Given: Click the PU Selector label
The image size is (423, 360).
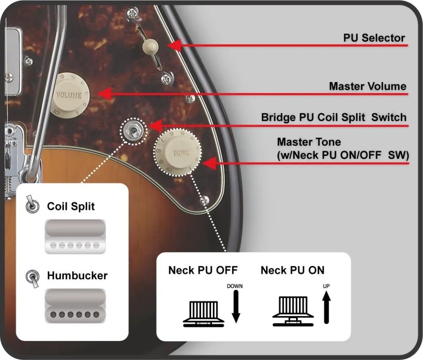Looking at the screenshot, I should click(374, 38).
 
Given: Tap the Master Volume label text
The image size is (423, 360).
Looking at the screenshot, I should click(367, 86).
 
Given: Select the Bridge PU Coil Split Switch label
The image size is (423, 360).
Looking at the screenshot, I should click(334, 118).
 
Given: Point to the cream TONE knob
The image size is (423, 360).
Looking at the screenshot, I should click(178, 152).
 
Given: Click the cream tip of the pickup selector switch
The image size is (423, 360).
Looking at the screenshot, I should click(152, 45).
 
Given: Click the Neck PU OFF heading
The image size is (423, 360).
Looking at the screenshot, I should click(203, 270).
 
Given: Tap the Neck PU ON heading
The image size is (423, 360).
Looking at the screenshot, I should click(293, 270).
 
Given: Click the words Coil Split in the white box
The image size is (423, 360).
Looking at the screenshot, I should click(71, 206).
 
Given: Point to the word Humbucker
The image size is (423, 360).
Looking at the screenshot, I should click(77, 276).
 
